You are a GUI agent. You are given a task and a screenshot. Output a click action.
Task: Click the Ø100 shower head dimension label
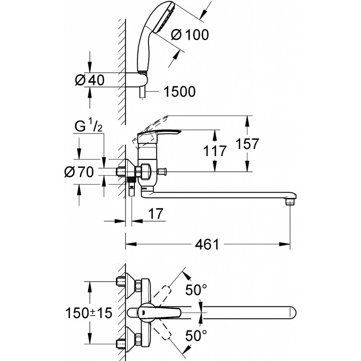[190, 35]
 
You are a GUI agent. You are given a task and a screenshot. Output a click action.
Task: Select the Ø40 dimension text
[90, 80]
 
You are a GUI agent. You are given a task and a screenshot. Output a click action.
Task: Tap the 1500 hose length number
[180, 92]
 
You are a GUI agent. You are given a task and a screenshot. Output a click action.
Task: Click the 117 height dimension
[215, 151]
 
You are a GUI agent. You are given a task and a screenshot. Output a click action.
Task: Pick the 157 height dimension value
[247, 143]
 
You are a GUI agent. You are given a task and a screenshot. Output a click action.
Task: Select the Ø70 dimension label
[79, 172]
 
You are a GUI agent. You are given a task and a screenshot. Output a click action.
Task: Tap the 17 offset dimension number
[156, 213]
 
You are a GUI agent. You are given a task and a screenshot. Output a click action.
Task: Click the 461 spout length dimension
[207, 244]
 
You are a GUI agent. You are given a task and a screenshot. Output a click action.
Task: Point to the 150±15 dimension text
[89, 313]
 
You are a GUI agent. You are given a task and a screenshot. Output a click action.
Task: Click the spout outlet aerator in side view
[290, 202]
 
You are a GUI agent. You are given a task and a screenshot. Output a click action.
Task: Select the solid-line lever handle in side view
[159, 135]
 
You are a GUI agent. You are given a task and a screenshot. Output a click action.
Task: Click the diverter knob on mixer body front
[162, 171]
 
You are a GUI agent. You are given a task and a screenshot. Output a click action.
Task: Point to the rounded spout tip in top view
[293, 313]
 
